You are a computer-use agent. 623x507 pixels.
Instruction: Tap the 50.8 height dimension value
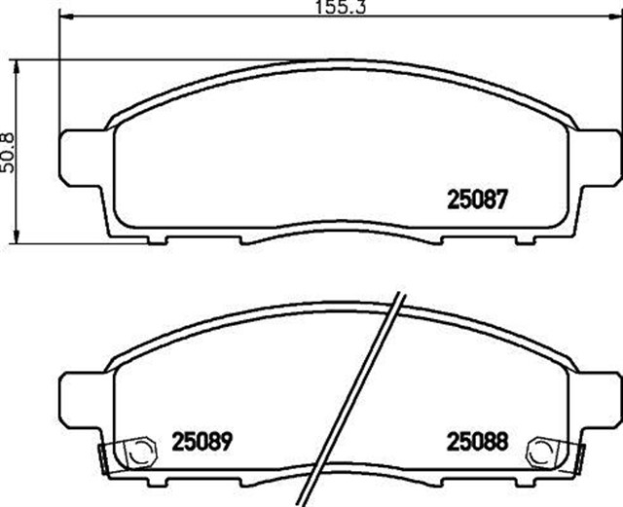pyautogui.click(x=10, y=151)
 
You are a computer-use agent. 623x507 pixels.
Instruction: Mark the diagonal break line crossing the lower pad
pyautogui.click(x=360, y=399)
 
